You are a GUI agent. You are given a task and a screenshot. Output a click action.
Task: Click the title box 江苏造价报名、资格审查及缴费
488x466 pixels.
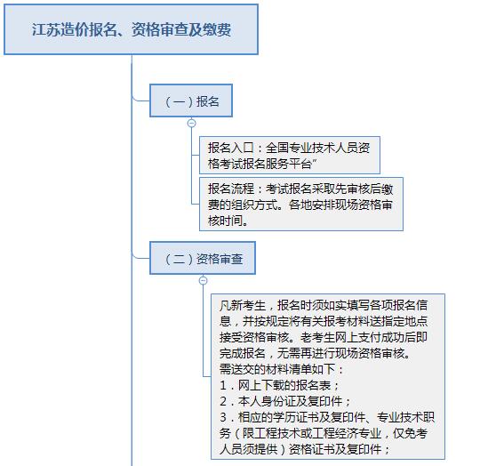[x=131, y=29]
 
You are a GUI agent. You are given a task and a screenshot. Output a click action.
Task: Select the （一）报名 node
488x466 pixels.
[x=191, y=100]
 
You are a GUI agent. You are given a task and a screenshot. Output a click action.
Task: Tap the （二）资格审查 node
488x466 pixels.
[x=203, y=258]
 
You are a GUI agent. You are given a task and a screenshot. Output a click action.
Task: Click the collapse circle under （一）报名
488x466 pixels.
[x=192, y=124]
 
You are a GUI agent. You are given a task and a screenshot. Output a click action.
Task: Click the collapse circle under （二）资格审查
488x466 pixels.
[x=203, y=281]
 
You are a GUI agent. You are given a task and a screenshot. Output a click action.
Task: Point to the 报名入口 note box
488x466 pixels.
[x=290, y=155]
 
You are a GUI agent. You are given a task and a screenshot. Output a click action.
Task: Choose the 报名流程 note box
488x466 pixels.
[x=301, y=205]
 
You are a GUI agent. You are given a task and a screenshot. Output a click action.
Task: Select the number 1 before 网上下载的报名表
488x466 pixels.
[x=223, y=385]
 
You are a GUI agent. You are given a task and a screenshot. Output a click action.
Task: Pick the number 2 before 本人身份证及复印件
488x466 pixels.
[x=223, y=401]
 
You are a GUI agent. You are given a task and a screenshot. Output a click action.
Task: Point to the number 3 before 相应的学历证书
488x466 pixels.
[x=223, y=417]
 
